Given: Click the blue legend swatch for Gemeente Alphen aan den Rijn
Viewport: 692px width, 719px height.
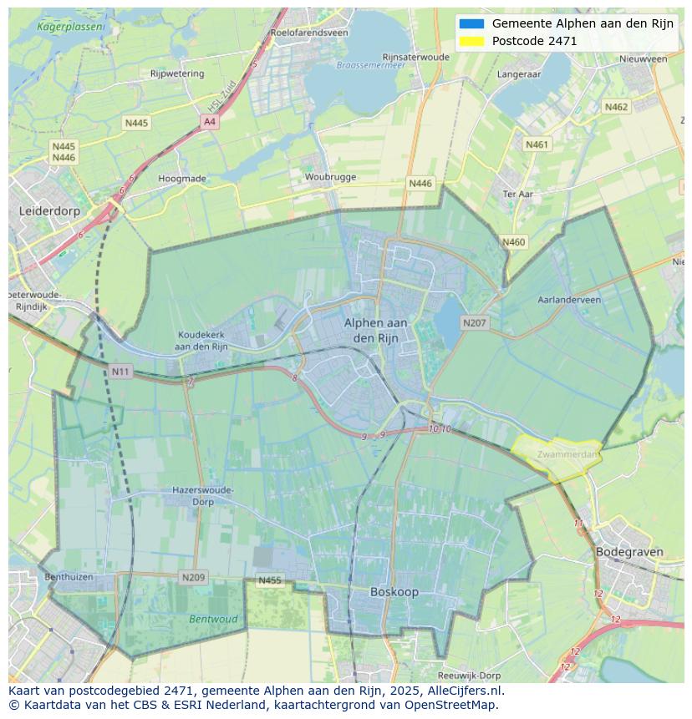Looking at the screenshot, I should click(471, 23).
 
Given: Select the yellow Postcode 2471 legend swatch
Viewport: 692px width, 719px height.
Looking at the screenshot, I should click(471, 41).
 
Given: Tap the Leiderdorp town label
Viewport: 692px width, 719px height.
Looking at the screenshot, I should click(49, 211).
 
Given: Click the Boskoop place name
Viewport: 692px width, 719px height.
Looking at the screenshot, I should click(394, 591).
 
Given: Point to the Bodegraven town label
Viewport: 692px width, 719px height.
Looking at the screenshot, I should click(629, 552).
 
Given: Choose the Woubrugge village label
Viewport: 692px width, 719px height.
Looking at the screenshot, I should click(330, 177).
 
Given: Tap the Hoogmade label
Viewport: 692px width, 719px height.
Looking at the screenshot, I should click(182, 178).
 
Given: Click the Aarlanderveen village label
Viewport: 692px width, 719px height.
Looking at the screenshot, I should click(569, 300).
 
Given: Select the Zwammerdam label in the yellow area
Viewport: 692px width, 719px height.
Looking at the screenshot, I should click(567, 455).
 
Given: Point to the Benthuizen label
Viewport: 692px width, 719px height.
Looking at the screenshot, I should click(69, 577).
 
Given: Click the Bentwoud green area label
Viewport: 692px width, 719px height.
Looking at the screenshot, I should click(213, 620).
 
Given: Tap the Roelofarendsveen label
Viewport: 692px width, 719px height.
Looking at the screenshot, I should click(308, 33).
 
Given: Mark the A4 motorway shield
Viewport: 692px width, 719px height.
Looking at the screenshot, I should click(209, 122).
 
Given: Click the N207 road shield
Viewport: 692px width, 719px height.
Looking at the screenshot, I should click(474, 322).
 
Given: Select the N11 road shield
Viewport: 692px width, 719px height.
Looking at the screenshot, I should click(120, 371).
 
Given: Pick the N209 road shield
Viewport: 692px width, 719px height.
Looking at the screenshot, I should click(193, 577).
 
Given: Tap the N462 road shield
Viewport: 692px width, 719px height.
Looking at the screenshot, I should click(616, 107).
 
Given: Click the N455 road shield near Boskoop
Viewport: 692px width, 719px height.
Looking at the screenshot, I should click(270, 580).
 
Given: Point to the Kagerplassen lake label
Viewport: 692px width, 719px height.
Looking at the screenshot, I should click(72, 27).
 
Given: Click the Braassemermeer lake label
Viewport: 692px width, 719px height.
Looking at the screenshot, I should click(364, 64).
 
